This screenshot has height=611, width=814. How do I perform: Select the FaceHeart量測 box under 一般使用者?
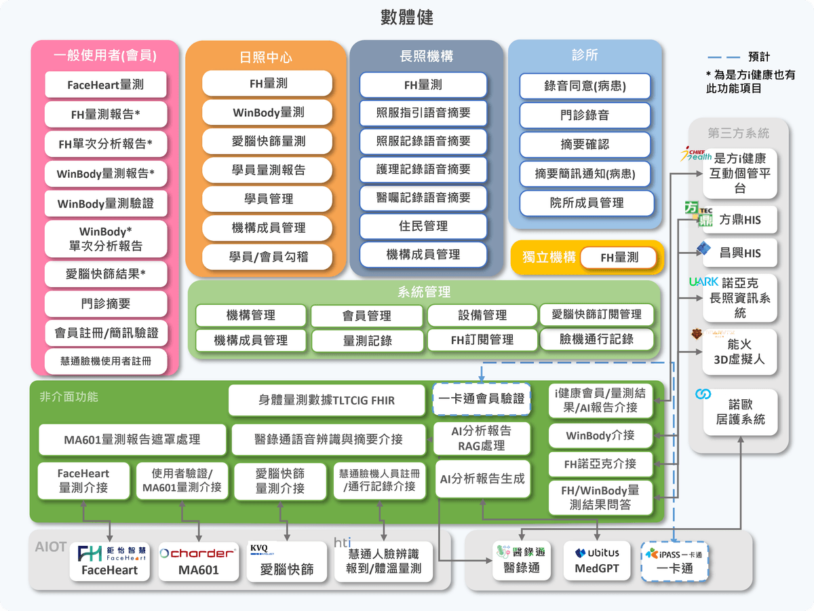(x=106, y=85)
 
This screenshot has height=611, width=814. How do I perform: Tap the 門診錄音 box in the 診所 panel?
(x=585, y=115)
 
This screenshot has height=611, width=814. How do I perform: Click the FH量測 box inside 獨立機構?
(x=619, y=258)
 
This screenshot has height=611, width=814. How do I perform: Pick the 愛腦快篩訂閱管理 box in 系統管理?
(x=597, y=314)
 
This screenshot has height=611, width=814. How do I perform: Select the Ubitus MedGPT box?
(x=597, y=561)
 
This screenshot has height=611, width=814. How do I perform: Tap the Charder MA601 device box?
(x=199, y=561)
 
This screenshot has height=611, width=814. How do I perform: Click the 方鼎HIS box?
(x=739, y=220)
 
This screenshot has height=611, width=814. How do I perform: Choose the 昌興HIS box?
(x=739, y=253)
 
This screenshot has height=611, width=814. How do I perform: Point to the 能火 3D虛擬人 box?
(x=739, y=352)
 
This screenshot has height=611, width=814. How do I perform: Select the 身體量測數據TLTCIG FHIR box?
(x=327, y=400)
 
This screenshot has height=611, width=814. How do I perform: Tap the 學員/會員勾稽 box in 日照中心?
(x=267, y=256)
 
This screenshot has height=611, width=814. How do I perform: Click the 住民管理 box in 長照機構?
(x=423, y=226)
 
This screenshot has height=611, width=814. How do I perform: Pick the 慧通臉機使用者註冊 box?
(x=106, y=361)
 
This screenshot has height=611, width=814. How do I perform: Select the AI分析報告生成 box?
(x=482, y=479)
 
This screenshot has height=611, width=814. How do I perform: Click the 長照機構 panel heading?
(x=426, y=56)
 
